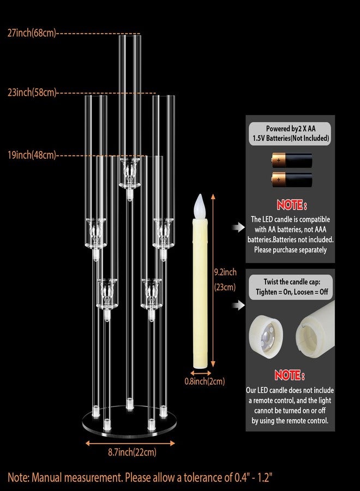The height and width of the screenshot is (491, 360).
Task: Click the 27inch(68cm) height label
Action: (32, 33)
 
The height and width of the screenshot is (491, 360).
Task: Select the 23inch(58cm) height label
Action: (32, 92)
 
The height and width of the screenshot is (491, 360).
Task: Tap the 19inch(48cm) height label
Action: (32, 155)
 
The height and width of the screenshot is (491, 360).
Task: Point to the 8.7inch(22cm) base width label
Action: (132, 452)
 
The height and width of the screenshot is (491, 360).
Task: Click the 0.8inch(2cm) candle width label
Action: (205, 381)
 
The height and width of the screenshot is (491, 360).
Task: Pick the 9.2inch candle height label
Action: (225, 272)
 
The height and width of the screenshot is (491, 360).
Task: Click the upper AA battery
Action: (292, 160)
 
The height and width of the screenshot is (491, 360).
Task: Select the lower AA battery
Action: (292, 179)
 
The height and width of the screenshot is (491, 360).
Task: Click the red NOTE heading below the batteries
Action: (291, 205)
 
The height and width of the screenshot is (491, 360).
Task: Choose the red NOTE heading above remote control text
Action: (290, 375)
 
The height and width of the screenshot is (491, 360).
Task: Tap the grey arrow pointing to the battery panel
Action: (238, 227)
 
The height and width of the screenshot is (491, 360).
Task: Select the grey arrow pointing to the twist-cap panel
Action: (238, 305)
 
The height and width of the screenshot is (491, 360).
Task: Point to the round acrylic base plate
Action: (129, 422)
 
